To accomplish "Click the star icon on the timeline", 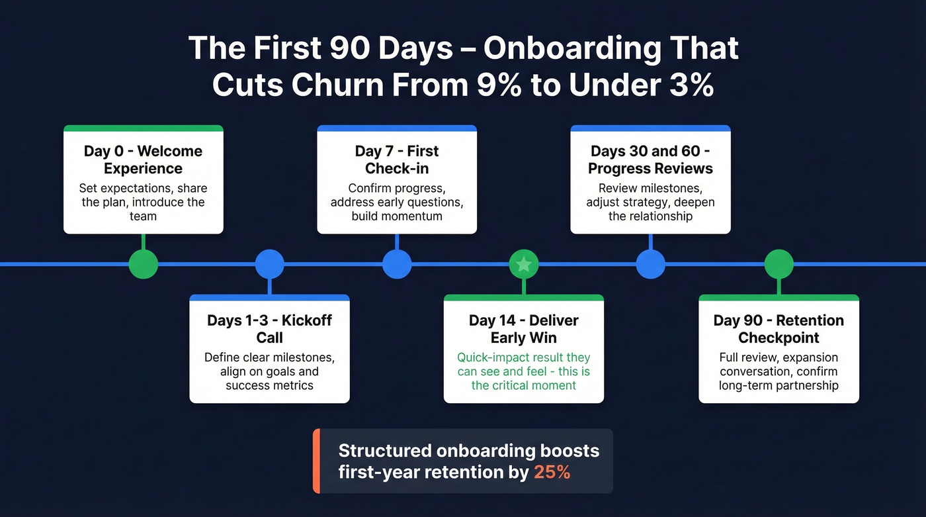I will [523, 265].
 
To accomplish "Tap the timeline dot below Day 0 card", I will [144, 264].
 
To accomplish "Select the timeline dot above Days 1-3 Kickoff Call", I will [270, 264].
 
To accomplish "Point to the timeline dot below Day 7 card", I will [397, 264].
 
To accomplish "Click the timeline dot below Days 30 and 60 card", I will [650, 264].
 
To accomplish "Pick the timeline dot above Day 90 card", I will [779, 264].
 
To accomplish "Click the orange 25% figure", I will [552, 473].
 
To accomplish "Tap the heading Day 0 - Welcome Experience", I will [143, 160].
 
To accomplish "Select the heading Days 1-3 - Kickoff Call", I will [269, 329].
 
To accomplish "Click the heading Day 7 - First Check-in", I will [397, 160].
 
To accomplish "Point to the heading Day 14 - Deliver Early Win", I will [523, 329].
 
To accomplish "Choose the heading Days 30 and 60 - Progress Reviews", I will [650, 160].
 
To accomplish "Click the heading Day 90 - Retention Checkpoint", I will [779, 329].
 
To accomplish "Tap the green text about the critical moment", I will [523, 371].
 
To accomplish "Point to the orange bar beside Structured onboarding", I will [316, 461].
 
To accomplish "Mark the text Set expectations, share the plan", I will [143, 195].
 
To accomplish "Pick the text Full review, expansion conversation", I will [779, 365].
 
